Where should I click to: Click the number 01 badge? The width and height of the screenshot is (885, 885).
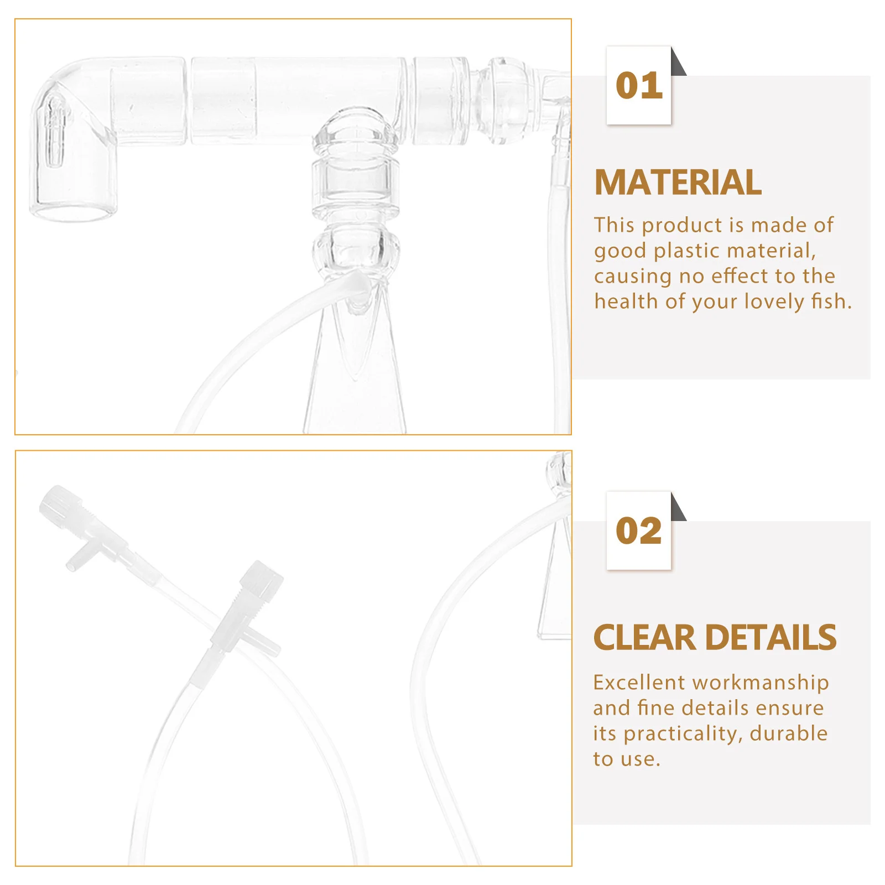click(639, 86)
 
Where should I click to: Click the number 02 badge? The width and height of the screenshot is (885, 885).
click(639, 531)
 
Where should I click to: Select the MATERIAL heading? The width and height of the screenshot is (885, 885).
click(678, 183)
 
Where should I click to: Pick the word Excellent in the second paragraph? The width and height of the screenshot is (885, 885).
click(639, 683)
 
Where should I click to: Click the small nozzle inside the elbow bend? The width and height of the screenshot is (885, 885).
click(54, 130)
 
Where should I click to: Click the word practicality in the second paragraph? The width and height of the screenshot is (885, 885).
click(682, 733)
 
